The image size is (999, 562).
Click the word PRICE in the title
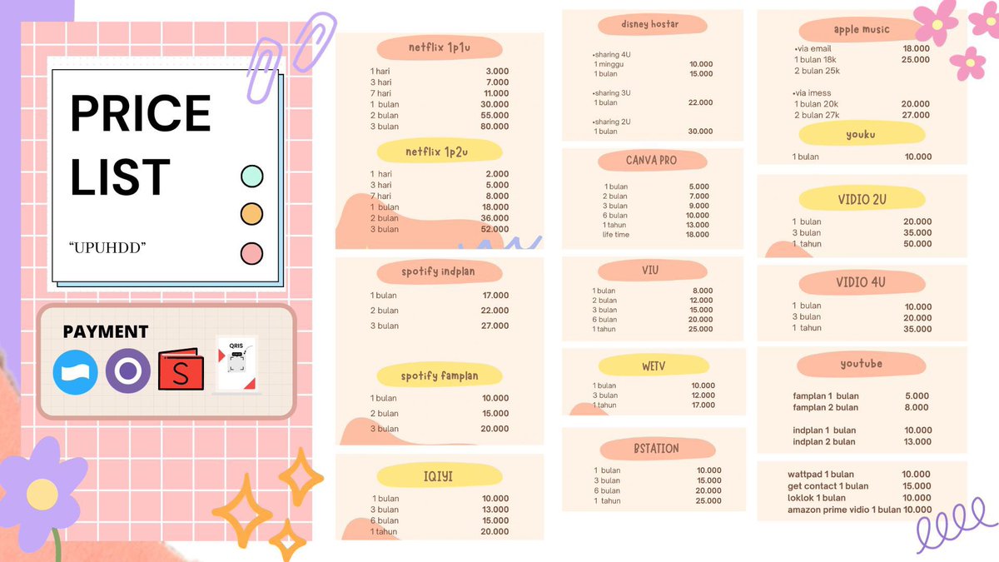click(140, 113)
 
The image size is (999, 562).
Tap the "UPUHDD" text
click(107, 248)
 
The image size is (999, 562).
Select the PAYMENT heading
click(106, 331)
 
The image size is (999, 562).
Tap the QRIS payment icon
click(236, 365)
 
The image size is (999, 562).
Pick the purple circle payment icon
click(127, 371)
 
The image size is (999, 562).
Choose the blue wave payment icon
click(75, 371)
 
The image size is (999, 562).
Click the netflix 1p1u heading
click(439, 47)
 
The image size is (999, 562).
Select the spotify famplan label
click(439, 375)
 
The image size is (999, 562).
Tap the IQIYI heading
click(439, 476)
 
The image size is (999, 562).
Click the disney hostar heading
click(649, 24)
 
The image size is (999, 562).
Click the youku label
click(861, 134)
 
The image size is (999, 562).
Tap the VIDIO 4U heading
click(861, 282)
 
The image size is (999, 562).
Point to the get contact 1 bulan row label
click(828, 486)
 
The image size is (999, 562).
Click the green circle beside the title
click(251, 177)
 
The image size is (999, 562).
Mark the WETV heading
click(653, 365)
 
